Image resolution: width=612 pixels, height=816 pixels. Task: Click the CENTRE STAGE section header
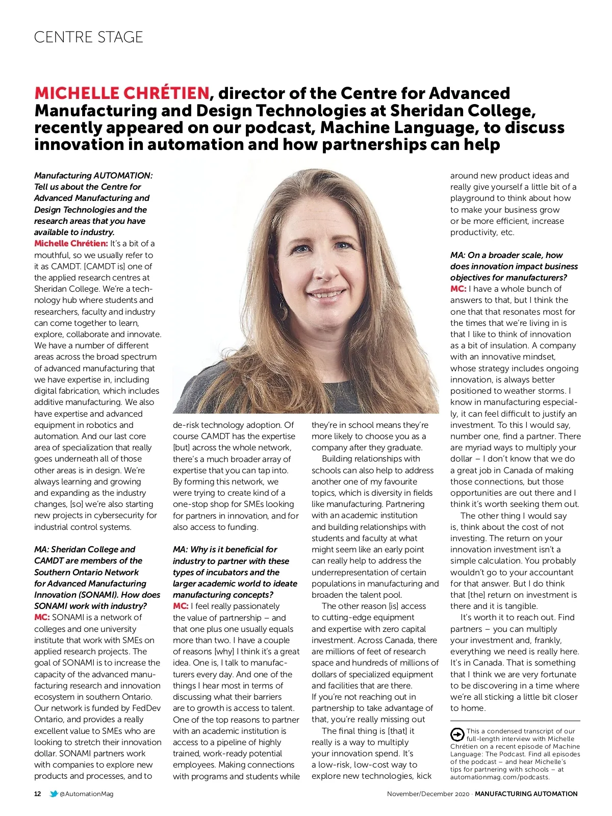[88, 37]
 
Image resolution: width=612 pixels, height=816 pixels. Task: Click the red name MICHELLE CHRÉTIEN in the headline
[121, 93]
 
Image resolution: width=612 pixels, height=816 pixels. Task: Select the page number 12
[38, 794]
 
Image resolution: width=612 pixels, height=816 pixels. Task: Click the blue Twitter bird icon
[54, 794]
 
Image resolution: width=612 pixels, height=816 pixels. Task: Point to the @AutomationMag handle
[86, 794]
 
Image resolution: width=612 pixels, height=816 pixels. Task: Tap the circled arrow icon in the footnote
[457, 735]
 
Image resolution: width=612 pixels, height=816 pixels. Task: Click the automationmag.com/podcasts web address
[499, 777]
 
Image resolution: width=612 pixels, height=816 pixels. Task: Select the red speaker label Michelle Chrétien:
[71, 244]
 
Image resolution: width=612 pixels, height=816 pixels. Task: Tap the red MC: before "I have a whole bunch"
[458, 289]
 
